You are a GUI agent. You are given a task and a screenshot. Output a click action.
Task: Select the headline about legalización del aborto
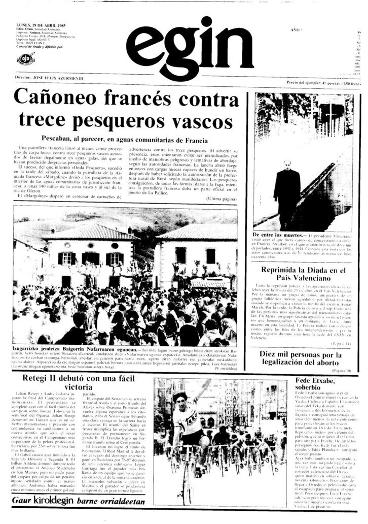(x=303, y=359)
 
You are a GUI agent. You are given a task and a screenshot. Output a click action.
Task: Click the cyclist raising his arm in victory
(x=188, y=421)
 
